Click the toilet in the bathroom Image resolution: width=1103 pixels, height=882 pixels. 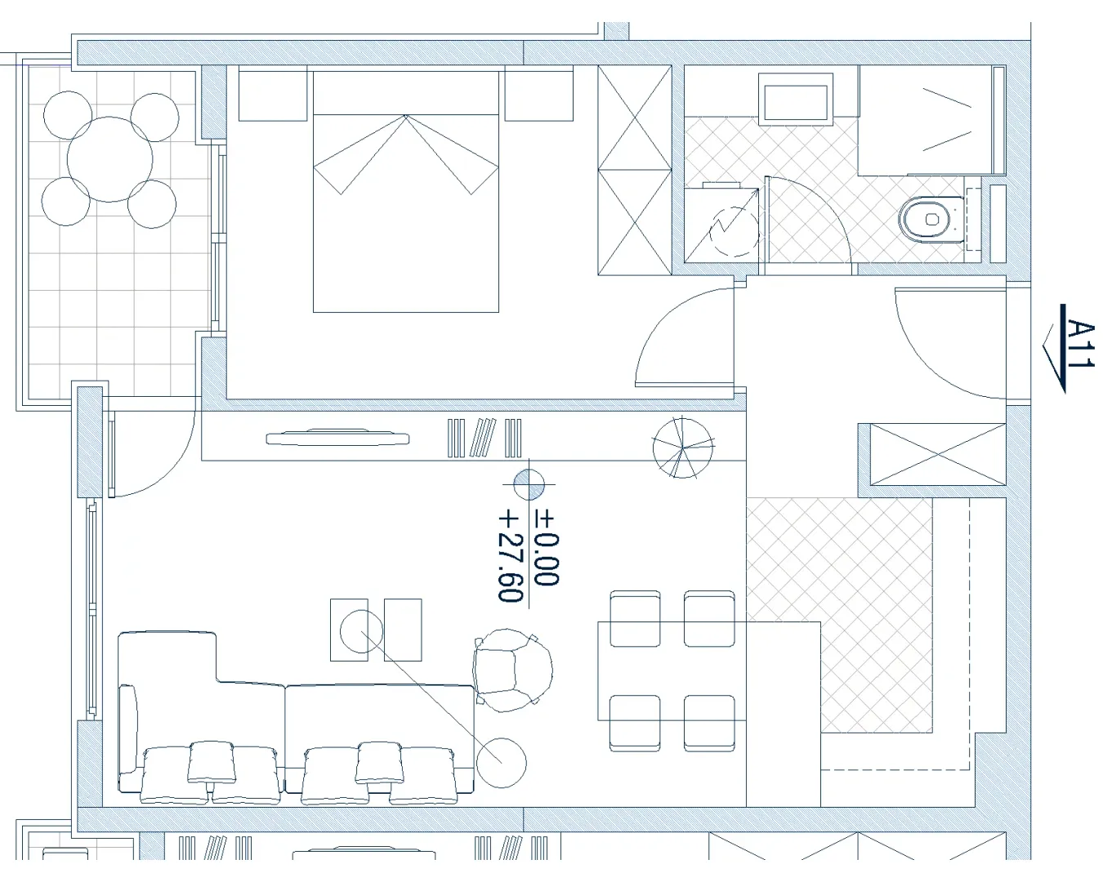(x=931, y=220)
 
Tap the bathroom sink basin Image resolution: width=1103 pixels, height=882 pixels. (x=796, y=98)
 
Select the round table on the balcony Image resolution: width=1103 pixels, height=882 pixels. (x=109, y=159)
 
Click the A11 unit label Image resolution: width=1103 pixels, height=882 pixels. (x=1080, y=344)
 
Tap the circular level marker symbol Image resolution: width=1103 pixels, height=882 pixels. (x=529, y=484)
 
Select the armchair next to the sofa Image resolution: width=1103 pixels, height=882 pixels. (x=513, y=670)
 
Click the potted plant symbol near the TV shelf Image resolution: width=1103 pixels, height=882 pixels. (x=683, y=448)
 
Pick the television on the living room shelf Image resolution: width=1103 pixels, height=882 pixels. (x=337, y=439)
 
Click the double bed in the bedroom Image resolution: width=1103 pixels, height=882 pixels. (x=406, y=192)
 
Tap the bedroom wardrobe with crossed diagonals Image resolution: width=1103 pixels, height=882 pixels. (x=635, y=170)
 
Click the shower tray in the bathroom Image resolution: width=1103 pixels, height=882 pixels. (x=931, y=120)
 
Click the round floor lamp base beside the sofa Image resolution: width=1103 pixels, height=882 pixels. (x=502, y=763)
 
